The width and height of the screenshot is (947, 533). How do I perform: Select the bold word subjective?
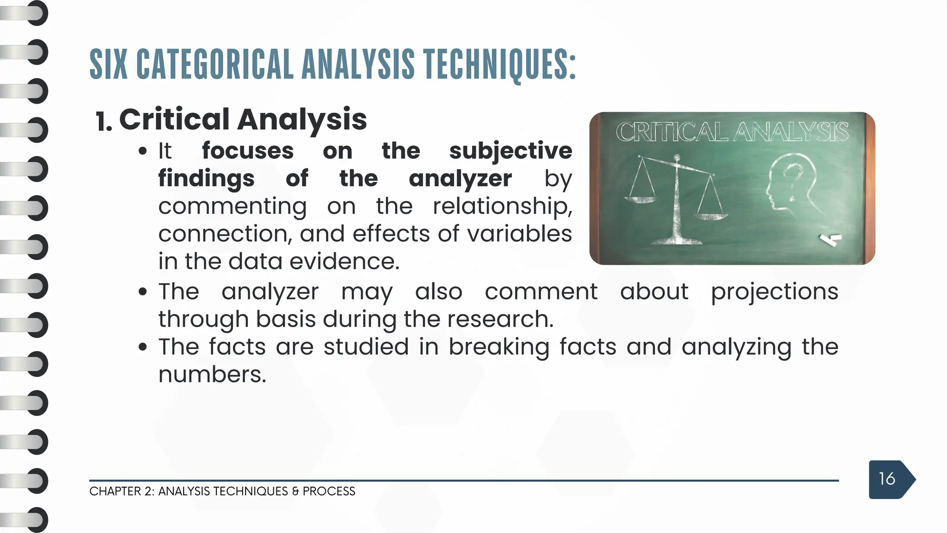510,151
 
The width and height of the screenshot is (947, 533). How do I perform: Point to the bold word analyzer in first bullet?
460,179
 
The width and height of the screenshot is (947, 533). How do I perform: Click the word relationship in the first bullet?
502,206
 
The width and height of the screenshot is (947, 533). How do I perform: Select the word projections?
775,292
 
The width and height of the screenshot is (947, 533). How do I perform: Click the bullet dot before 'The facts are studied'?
143,347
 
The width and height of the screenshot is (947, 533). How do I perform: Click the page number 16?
887,479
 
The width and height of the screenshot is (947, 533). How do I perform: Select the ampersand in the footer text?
295,491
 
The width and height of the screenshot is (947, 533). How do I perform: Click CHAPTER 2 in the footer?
121,491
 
